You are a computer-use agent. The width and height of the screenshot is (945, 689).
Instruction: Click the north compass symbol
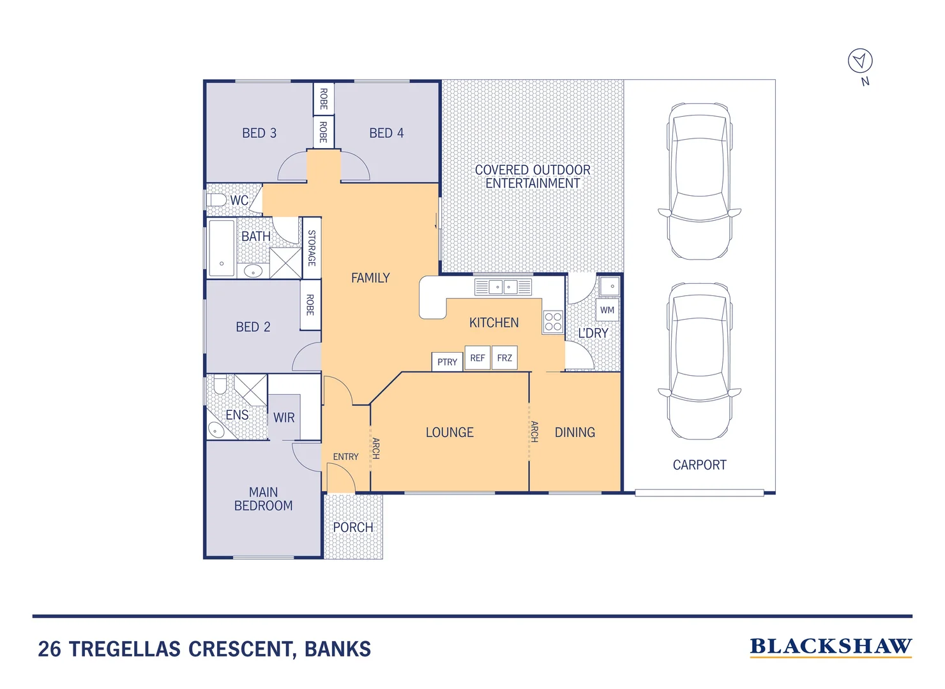(x=860, y=61)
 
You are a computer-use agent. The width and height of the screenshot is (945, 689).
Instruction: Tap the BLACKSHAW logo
(x=830, y=646)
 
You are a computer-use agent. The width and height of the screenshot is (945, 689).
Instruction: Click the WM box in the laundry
(x=607, y=310)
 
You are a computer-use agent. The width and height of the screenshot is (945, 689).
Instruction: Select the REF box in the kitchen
(x=478, y=358)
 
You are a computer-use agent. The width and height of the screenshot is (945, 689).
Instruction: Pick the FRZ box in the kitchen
(x=504, y=358)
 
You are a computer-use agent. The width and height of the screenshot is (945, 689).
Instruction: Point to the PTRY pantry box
(x=447, y=362)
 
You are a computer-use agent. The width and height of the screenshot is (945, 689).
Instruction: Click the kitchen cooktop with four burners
(x=553, y=322)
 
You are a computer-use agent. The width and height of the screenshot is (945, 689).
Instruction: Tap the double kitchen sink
(x=503, y=287)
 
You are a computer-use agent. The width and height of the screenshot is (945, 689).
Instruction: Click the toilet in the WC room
(x=216, y=200)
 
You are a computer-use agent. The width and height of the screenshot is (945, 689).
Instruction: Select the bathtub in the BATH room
(x=222, y=248)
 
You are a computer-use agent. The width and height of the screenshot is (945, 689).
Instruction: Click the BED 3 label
(x=259, y=133)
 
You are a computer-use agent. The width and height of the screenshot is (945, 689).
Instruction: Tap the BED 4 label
(x=386, y=133)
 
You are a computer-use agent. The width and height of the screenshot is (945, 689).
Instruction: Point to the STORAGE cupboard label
(x=312, y=248)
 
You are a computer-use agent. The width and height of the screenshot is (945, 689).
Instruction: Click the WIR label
(x=284, y=418)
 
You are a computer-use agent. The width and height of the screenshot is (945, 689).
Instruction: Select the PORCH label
(x=353, y=528)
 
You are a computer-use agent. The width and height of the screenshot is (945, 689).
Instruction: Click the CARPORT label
(x=699, y=465)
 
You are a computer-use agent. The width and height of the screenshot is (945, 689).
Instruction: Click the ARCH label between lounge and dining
(x=534, y=432)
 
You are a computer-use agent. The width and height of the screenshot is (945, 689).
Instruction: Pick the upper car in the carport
(x=700, y=181)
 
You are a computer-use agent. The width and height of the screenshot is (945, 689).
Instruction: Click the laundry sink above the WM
(x=610, y=286)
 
